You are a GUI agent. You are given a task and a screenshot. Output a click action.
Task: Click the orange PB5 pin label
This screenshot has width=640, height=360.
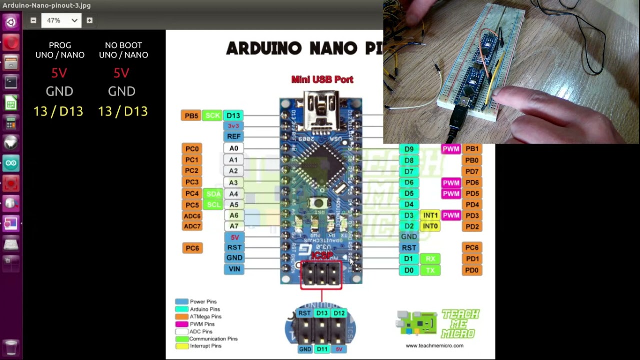[x=191, y=116]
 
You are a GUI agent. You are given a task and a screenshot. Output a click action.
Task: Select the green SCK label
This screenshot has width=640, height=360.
[x=213, y=116]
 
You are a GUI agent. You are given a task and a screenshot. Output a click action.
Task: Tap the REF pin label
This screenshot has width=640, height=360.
[x=233, y=136]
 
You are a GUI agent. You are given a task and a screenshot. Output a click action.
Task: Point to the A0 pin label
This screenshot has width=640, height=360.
[x=233, y=148]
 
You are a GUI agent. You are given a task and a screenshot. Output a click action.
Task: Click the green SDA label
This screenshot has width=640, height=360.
[x=213, y=194]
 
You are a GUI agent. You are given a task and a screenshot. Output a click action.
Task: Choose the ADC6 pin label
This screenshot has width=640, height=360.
[x=192, y=216]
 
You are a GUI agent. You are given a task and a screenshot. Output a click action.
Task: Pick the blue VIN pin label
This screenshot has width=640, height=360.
[x=234, y=269]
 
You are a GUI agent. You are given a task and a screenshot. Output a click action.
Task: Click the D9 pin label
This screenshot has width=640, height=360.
[x=409, y=149]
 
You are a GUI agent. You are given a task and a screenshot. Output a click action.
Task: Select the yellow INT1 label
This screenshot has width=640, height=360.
[x=430, y=215]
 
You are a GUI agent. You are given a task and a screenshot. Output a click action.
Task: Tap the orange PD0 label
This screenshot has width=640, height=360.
[x=472, y=270]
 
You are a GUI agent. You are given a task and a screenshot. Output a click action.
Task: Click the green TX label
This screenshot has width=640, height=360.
[x=430, y=270]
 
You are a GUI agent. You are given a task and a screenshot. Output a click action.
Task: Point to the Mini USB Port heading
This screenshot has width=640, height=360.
[x=322, y=79]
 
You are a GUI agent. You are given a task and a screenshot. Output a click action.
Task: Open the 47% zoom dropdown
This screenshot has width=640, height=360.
[x=62, y=20]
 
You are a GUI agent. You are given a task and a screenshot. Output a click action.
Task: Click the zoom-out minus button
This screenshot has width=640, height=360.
[x=33, y=20]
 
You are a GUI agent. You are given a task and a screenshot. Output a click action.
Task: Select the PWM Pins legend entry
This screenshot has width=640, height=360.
[x=202, y=324]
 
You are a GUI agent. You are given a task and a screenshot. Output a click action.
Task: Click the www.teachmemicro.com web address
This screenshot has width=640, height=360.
[x=434, y=345]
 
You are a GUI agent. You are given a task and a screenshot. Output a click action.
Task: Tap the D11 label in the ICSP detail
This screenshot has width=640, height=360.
[x=322, y=349]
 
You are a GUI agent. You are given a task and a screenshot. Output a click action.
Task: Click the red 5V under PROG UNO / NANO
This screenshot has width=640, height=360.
[x=59, y=73]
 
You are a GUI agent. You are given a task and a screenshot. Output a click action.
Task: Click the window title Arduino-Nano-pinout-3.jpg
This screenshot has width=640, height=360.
[x=47, y=5]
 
